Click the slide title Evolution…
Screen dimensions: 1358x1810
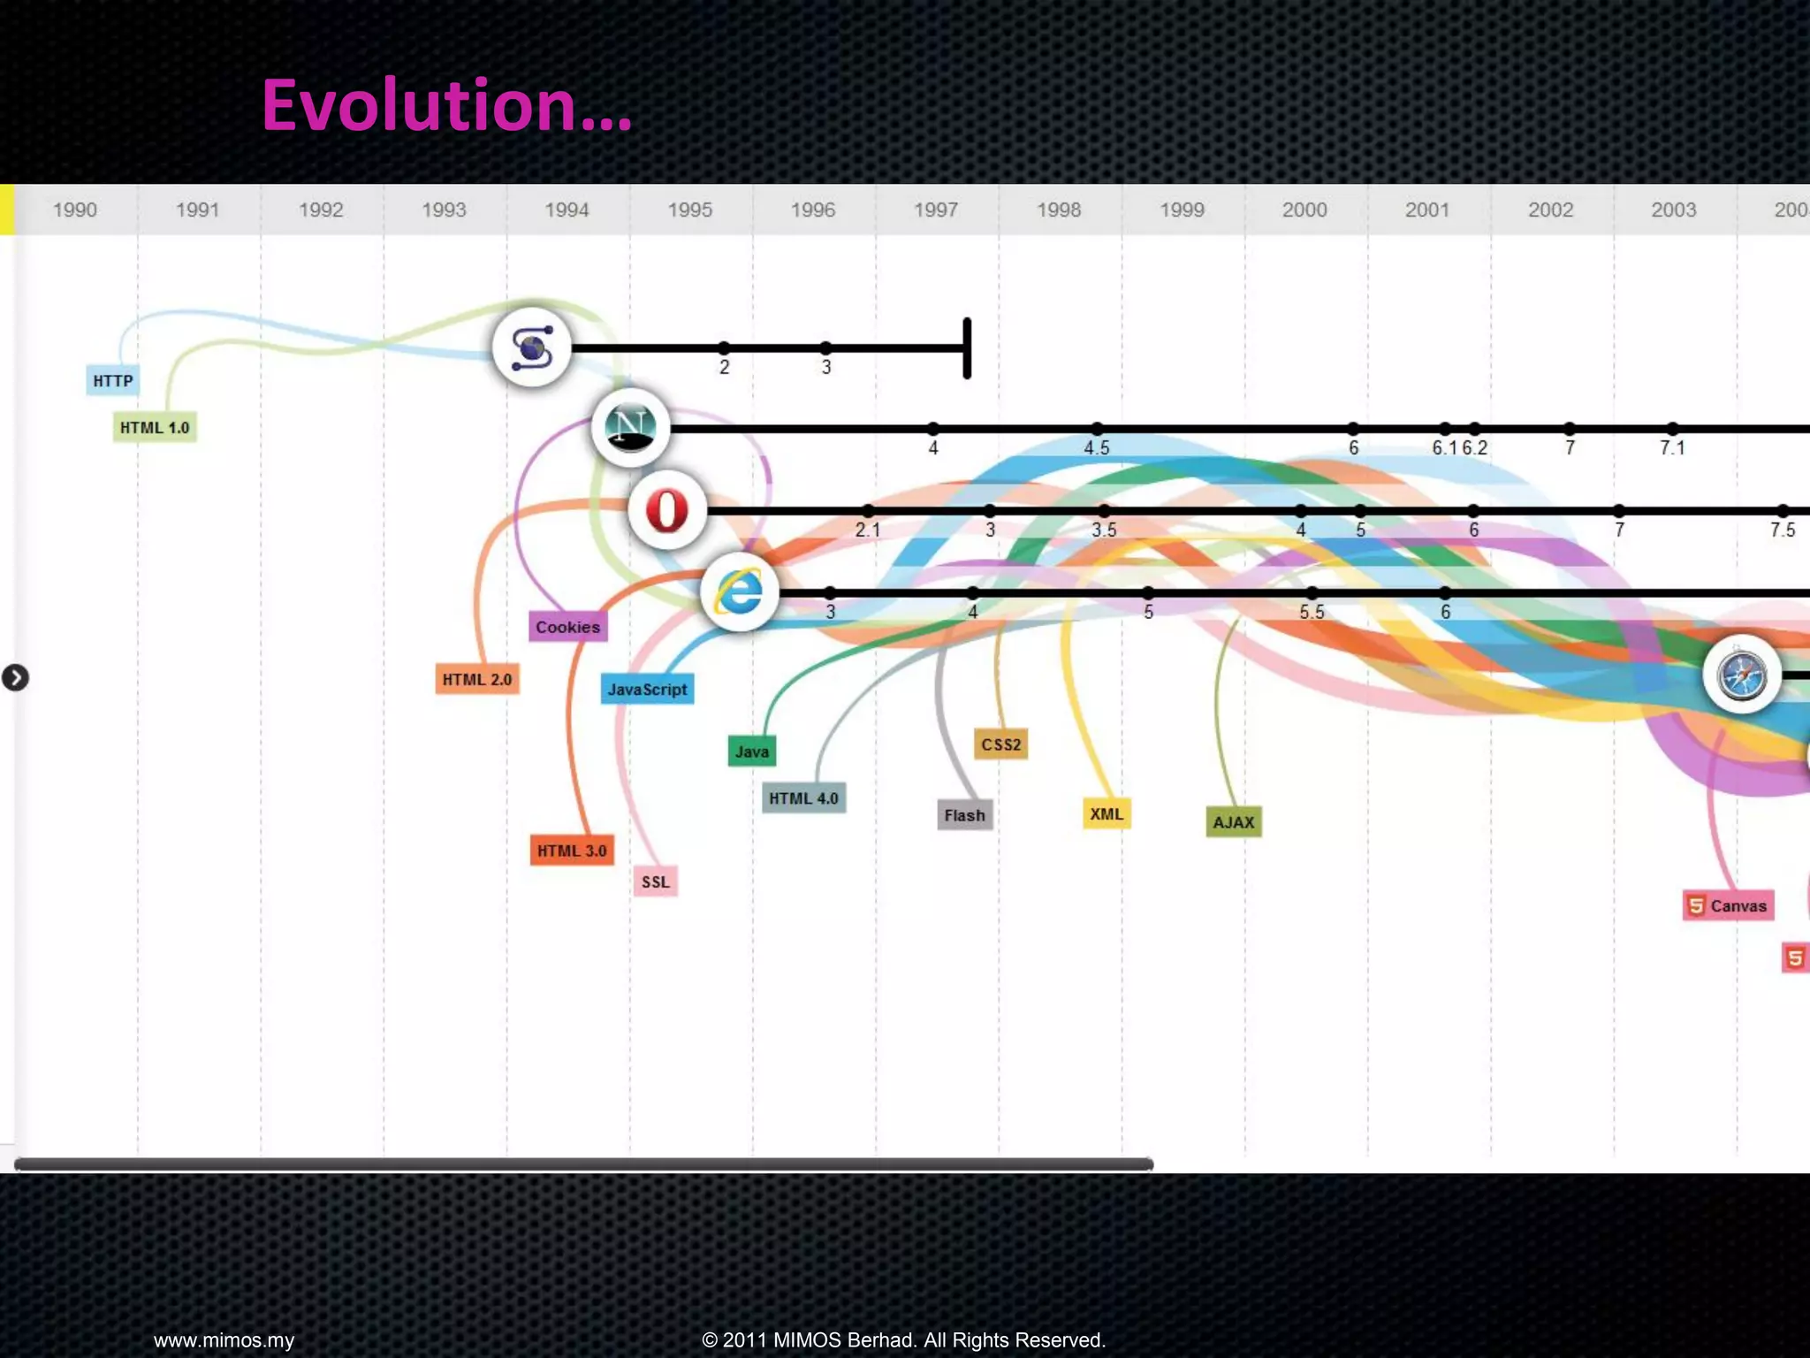(446, 105)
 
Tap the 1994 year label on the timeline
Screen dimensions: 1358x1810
(567, 210)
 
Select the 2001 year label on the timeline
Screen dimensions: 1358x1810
(1427, 210)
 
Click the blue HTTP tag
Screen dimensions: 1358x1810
(113, 381)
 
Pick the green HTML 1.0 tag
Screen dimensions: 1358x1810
(155, 428)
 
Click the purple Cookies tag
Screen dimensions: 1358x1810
(567, 627)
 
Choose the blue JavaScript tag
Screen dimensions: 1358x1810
(647, 690)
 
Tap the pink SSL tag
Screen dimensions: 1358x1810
(656, 881)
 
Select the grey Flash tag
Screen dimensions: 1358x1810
(964, 815)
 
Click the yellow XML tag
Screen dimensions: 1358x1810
(1107, 813)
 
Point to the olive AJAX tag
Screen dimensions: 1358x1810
(1234, 822)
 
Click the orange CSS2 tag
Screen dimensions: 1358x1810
(1000, 744)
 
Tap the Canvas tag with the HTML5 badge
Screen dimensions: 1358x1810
(1728, 905)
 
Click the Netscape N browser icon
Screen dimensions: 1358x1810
(630, 428)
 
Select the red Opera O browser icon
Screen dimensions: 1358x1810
(667, 510)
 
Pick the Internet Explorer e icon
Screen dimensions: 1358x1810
(740, 591)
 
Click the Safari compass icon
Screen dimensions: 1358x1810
(1741, 675)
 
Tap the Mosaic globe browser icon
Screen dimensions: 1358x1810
(532, 347)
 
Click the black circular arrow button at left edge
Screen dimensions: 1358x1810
(15, 678)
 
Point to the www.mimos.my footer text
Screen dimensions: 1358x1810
(224, 1340)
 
